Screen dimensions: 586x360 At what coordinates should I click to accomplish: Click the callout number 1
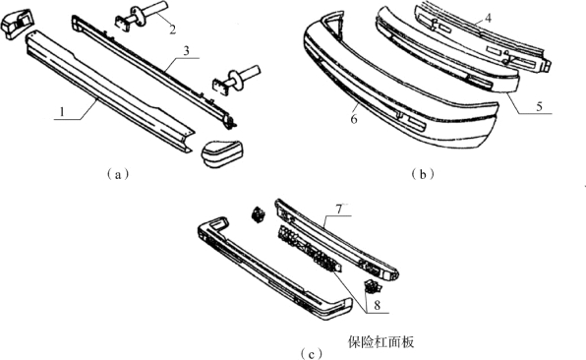coord(63,111)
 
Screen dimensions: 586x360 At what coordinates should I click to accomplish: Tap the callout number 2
coord(172,30)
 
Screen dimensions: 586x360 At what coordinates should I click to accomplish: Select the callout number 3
coord(186,51)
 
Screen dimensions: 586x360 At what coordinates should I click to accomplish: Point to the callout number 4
coord(488,18)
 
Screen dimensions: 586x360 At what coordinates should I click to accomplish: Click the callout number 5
coord(539,106)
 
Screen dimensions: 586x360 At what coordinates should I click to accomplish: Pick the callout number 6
coord(354,119)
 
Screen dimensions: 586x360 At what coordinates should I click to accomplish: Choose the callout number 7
coord(338,210)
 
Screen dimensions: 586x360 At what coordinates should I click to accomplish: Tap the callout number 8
coord(377,306)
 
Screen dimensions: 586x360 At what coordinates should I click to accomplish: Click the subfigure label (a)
coord(118,174)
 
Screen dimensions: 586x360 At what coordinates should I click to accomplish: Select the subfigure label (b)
coord(423,174)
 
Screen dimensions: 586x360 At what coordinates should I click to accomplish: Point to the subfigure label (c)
coord(312,353)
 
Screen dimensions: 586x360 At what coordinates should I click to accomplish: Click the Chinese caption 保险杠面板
coord(381,341)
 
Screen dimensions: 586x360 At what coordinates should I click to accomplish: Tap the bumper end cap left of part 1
coord(17,24)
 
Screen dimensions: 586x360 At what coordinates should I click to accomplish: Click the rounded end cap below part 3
coord(221,153)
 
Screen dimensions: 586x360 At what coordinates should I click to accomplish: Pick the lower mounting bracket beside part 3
coord(235,80)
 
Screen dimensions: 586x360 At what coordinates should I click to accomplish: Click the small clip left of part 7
coord(258,214)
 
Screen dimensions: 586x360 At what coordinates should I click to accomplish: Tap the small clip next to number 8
coord(373,287)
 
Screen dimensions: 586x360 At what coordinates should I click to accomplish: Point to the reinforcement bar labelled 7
coord(337,240)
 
